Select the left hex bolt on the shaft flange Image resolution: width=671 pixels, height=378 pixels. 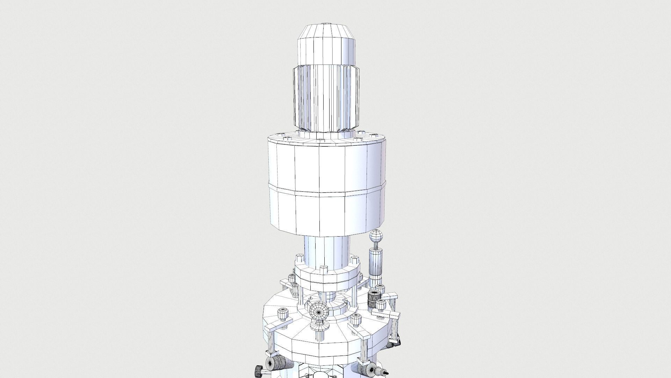click(300, 260)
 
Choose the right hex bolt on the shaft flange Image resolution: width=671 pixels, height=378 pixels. click(354, 260)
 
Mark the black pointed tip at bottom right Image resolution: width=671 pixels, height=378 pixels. click(386, 373)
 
